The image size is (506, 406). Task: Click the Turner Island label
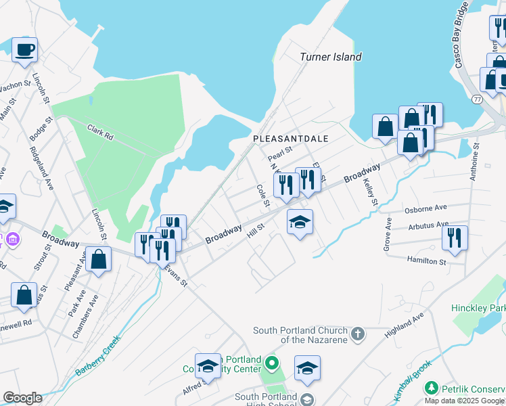(331, 58)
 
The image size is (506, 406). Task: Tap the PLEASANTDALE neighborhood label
(290, 139)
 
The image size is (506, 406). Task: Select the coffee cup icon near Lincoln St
(24, 50)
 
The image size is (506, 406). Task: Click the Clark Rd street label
(99, 131)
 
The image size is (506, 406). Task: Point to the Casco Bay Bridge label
(463, 43)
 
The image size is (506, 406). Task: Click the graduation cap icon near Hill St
(300, 221)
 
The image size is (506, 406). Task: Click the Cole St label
(262, 195)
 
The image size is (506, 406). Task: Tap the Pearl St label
(279, 150)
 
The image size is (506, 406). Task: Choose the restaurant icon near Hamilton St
(455, 238)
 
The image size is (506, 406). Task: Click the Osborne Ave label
(426, 209)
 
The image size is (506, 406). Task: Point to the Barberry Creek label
(97, 357)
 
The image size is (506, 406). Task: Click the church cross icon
(358, 334)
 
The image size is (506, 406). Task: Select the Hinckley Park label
(478, 308)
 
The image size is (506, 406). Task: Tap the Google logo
(22, 398)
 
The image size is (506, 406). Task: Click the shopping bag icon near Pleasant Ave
(99, 259)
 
